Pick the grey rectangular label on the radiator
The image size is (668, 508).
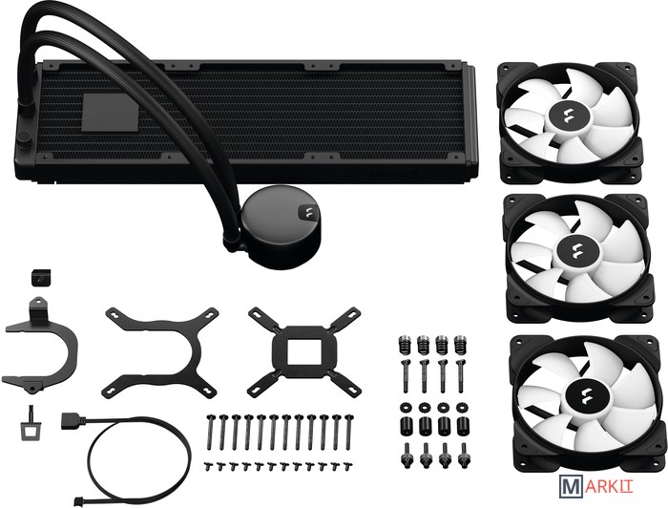111,113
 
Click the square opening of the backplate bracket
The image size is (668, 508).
304,351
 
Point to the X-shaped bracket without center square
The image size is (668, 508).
160,350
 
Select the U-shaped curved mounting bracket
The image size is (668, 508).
40,345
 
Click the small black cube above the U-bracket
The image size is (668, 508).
40,277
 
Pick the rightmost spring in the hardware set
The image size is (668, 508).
459,345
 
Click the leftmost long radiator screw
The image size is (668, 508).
209,432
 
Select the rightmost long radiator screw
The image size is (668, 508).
349,432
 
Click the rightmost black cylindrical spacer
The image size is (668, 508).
462,425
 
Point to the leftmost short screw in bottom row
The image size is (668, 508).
208,466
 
